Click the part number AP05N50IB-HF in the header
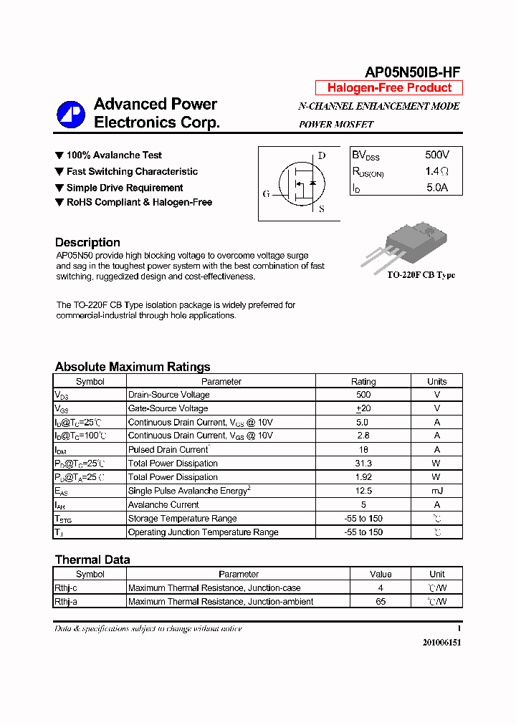412,71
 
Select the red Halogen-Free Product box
389,88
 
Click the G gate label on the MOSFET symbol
266,193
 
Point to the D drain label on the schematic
321,155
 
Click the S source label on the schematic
321,209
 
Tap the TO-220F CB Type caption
421,275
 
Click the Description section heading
87,242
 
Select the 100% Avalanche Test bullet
113,155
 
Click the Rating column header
363,382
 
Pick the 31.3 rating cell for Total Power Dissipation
363,464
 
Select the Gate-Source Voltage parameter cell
168,408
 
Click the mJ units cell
436,491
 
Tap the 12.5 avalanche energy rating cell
363,491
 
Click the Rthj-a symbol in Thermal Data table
66,602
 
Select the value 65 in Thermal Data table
381,602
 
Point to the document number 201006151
441,643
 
